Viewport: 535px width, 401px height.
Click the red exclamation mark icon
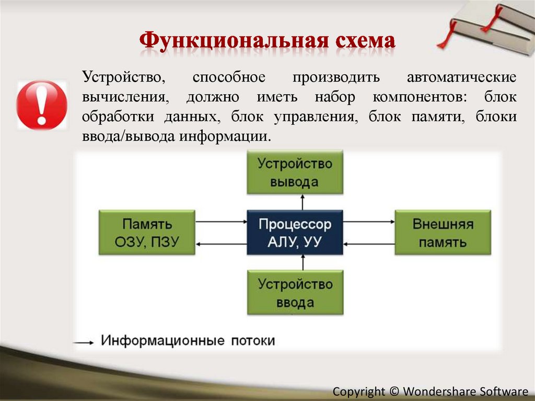pyautogui.click(x=42, y=105)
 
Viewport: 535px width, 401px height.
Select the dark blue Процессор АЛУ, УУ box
pyautogui.click(x=295, y=233)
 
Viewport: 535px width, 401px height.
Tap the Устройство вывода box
pyautogui.click(x=295, y=173)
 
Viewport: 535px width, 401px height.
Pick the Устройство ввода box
pyautogui.click(x=295, y=293)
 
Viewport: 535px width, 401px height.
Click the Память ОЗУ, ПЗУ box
pyautogui.click(x=147, y=233)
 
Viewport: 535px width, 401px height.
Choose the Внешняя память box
pyautogui.click(x=443, y=233)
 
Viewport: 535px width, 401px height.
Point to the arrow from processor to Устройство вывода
pyautogui.click(x=301, y=202)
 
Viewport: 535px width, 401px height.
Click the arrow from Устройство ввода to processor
pyautogui.click(x=301, y=262)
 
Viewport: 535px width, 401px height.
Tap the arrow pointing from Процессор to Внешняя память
pyautogui.click(x=369, y=222)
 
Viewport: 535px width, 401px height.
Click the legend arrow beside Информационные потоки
pyautogui.click(x=84, y=342)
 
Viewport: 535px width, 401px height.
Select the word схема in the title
pyautogui.click(x=360, y=42)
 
